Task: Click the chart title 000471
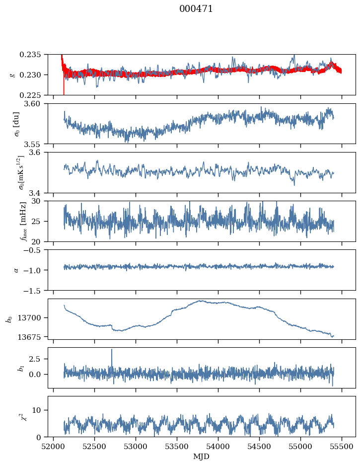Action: pos(196,9)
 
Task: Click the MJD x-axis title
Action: pos(202,456)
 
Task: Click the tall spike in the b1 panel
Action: pos(112,350)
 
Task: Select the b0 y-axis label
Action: pos(8,318)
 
